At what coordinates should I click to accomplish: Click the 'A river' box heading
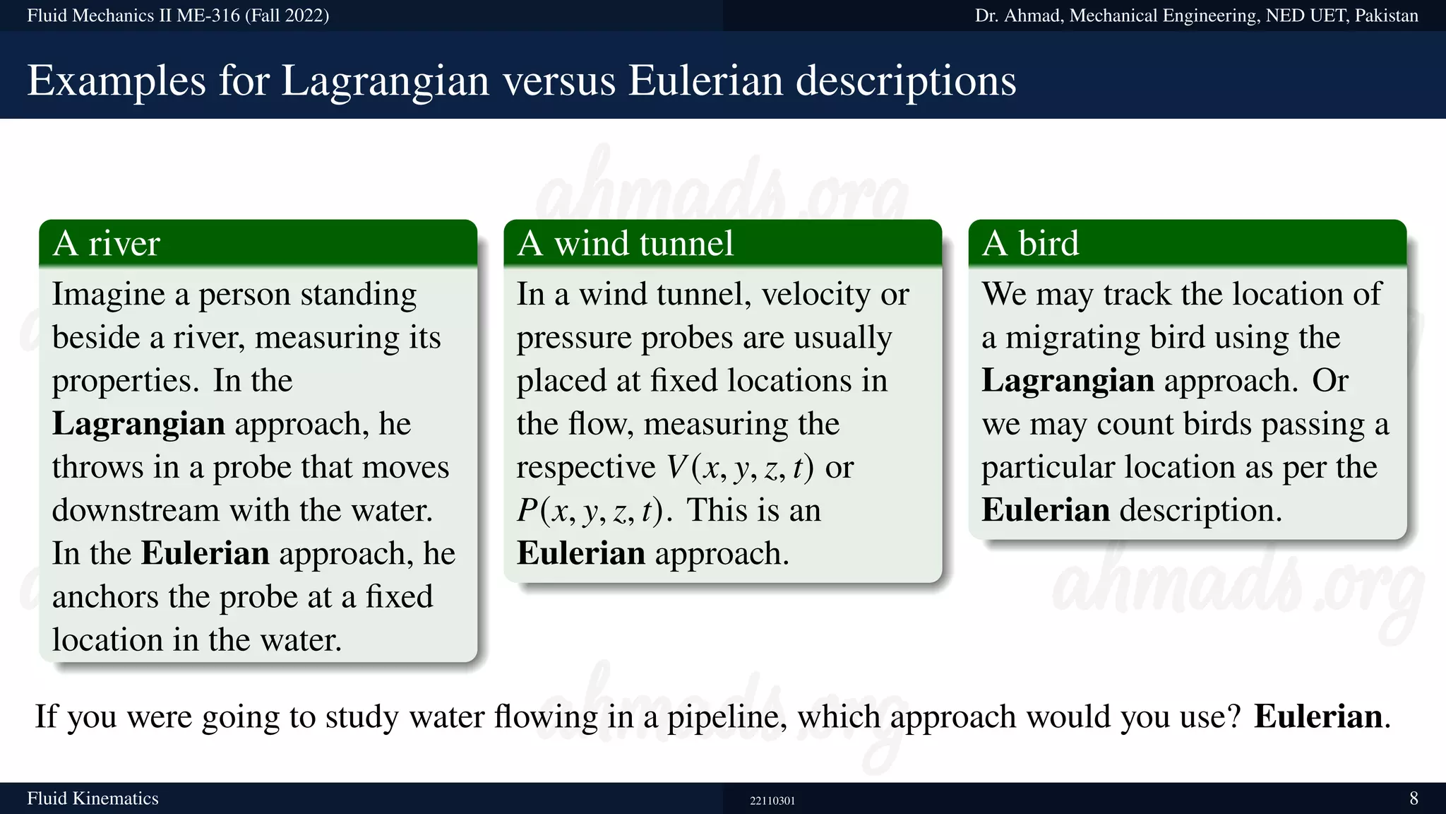[107, 244]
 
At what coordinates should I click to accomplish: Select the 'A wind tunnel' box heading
[626, 244]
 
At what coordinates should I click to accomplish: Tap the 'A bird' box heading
[1031, 244]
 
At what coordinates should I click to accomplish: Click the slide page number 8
[1414, 798]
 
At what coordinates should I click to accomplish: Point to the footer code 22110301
[772, 801]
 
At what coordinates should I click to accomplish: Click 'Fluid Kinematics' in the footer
[92, 798]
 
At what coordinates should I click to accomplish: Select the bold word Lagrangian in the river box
[138, 424]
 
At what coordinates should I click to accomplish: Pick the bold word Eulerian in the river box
[205, 553]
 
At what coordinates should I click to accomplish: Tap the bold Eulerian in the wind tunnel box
[580, 553]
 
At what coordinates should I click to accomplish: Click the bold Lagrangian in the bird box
[1068, 381]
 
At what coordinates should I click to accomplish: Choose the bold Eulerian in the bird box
[1045, 510]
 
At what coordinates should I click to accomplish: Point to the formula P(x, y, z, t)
[590, 511]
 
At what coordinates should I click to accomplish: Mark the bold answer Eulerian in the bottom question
[1317, 716]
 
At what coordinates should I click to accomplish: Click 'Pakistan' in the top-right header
[1386, 16]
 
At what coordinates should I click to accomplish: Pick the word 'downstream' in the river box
[136, 510]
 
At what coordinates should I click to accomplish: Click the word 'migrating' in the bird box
[1072, 338]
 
